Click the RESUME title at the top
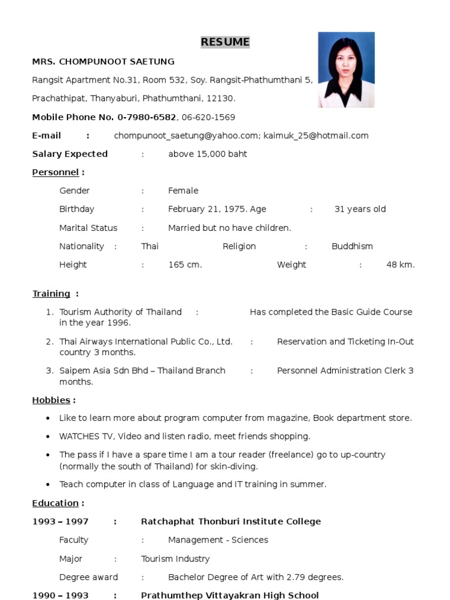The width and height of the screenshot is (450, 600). pos(225,42)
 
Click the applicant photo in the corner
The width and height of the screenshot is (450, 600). pos(346,70)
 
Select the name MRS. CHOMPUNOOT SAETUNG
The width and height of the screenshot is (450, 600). pos(103,62)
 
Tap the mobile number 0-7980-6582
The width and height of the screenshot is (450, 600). pos(146,117)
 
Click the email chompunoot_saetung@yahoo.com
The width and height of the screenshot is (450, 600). pos(186,136)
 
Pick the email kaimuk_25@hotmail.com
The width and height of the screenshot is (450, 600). pos(316,136)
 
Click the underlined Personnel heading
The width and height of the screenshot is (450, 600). pos(55,172)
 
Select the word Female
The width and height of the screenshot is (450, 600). pos(183,190)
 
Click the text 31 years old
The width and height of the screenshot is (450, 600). pos(360,209)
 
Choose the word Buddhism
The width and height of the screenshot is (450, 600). pos(352,246)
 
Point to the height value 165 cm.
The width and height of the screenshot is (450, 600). pos(185,265)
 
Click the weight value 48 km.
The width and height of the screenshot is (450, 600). pos(400,265)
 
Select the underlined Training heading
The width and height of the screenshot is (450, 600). pos(51,294)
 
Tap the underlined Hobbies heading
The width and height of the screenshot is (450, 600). pos(51,400)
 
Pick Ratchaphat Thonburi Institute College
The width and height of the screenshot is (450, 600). pos(231,521)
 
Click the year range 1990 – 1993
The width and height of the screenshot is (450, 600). pos(60,595)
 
